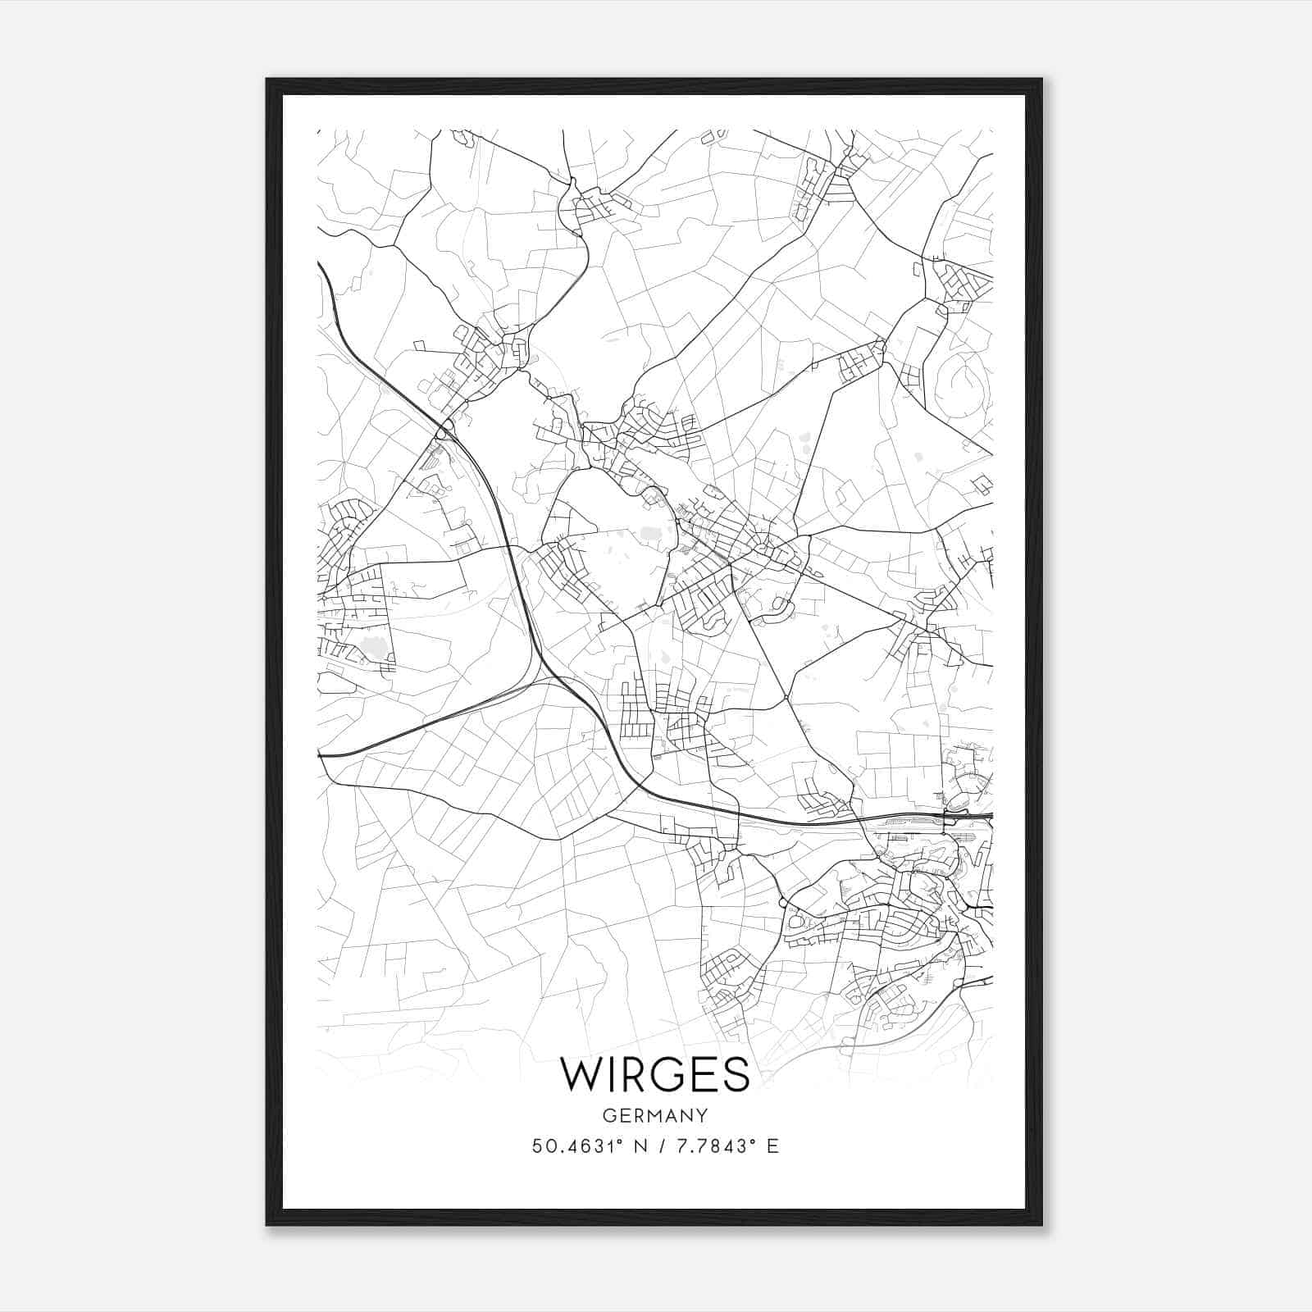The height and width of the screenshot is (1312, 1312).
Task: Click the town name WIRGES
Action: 654,1074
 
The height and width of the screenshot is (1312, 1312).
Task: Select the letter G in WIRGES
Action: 669,1074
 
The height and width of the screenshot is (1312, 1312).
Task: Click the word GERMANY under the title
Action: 654,1116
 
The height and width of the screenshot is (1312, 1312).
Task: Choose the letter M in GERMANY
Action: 654,1116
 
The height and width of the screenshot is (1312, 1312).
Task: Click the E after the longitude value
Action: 772,1146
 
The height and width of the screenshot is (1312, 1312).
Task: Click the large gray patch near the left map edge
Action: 375,648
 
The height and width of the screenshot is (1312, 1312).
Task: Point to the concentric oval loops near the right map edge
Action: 966,384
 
